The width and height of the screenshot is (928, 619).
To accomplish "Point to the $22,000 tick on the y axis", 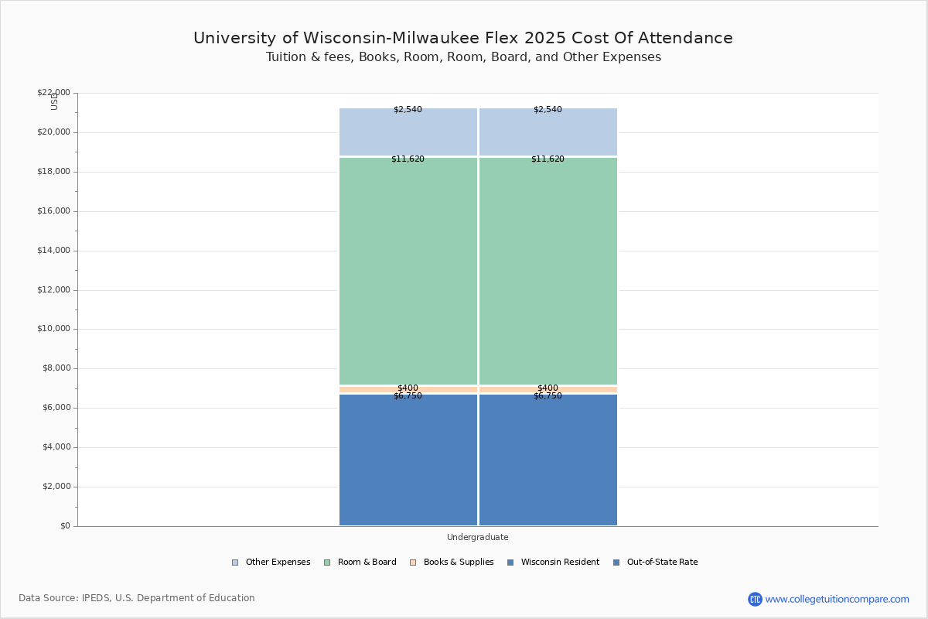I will pos(53,93).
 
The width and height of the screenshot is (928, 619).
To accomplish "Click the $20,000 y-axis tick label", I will pos(53,132).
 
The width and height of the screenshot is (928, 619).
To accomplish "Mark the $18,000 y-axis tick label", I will pos(53,172).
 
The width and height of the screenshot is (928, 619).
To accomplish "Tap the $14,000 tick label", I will pos(53,251).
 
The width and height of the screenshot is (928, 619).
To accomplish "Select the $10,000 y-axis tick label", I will pos(53,329).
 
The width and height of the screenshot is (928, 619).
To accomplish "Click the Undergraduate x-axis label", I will pos(477,537).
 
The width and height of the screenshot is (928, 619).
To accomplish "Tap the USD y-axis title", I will pos(54,101).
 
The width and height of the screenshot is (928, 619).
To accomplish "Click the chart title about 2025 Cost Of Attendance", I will pos(463,38).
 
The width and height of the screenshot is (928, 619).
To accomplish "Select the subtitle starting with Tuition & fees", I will pos(463,57).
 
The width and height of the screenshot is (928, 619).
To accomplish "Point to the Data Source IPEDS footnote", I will pos(137,598).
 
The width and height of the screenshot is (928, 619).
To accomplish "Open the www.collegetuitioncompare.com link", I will pos(837,599).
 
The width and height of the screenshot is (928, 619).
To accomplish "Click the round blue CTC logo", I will pos(755,599).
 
